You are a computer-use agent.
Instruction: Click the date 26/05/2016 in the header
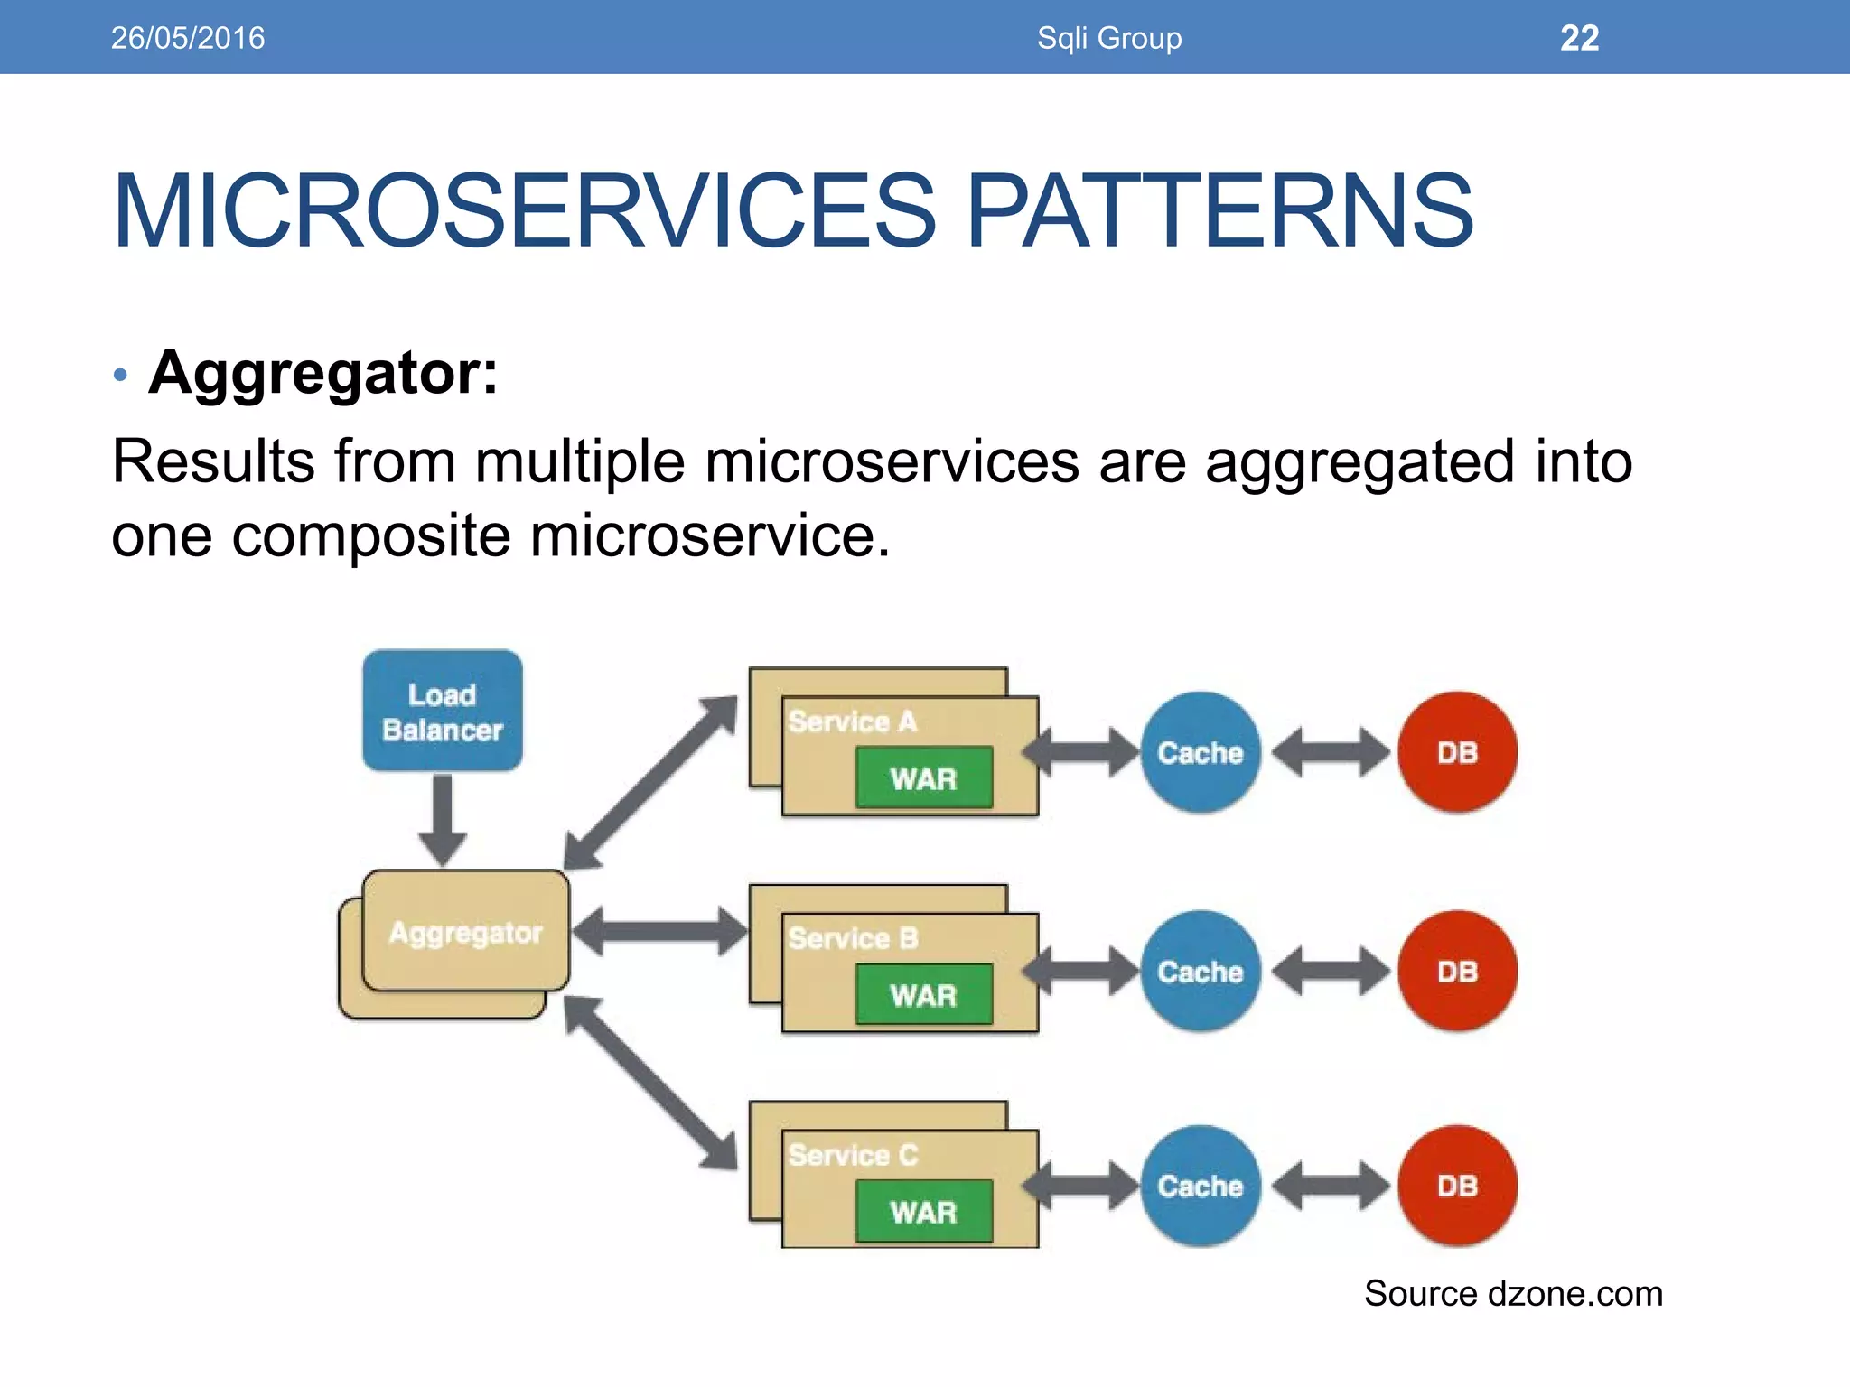[x=188, y=38]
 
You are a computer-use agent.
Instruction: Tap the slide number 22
[x=1579, y=38]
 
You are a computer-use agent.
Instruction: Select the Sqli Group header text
[x=1109, y=38]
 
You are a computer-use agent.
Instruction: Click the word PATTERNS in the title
[x=1219, y=211]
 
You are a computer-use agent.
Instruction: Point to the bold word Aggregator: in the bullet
[x=323, y=372]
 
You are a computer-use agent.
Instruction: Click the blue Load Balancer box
[x=443, y=711]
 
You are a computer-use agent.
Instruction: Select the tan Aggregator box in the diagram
[x=465, y=932]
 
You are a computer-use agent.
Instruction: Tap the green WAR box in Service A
[x=923, y=777]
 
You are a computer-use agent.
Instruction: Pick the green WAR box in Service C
[x=923, y=1211]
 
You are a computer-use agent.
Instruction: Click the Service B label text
[x=853, y=938]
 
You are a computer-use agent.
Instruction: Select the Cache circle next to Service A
[x=1201, y=752]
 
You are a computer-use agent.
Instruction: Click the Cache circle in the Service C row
[x=1201, y=1186]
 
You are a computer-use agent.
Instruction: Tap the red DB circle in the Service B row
[x=1457, y=972]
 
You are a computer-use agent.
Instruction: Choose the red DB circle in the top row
[x=1457, y=752]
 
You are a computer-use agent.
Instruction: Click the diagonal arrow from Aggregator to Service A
[x=650, y=782]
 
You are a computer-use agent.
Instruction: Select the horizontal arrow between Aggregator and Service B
[x=659, y=931]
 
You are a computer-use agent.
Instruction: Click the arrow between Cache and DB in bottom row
[x=1330, y=1186]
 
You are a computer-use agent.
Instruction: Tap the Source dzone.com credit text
[x=1513, y=1293]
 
